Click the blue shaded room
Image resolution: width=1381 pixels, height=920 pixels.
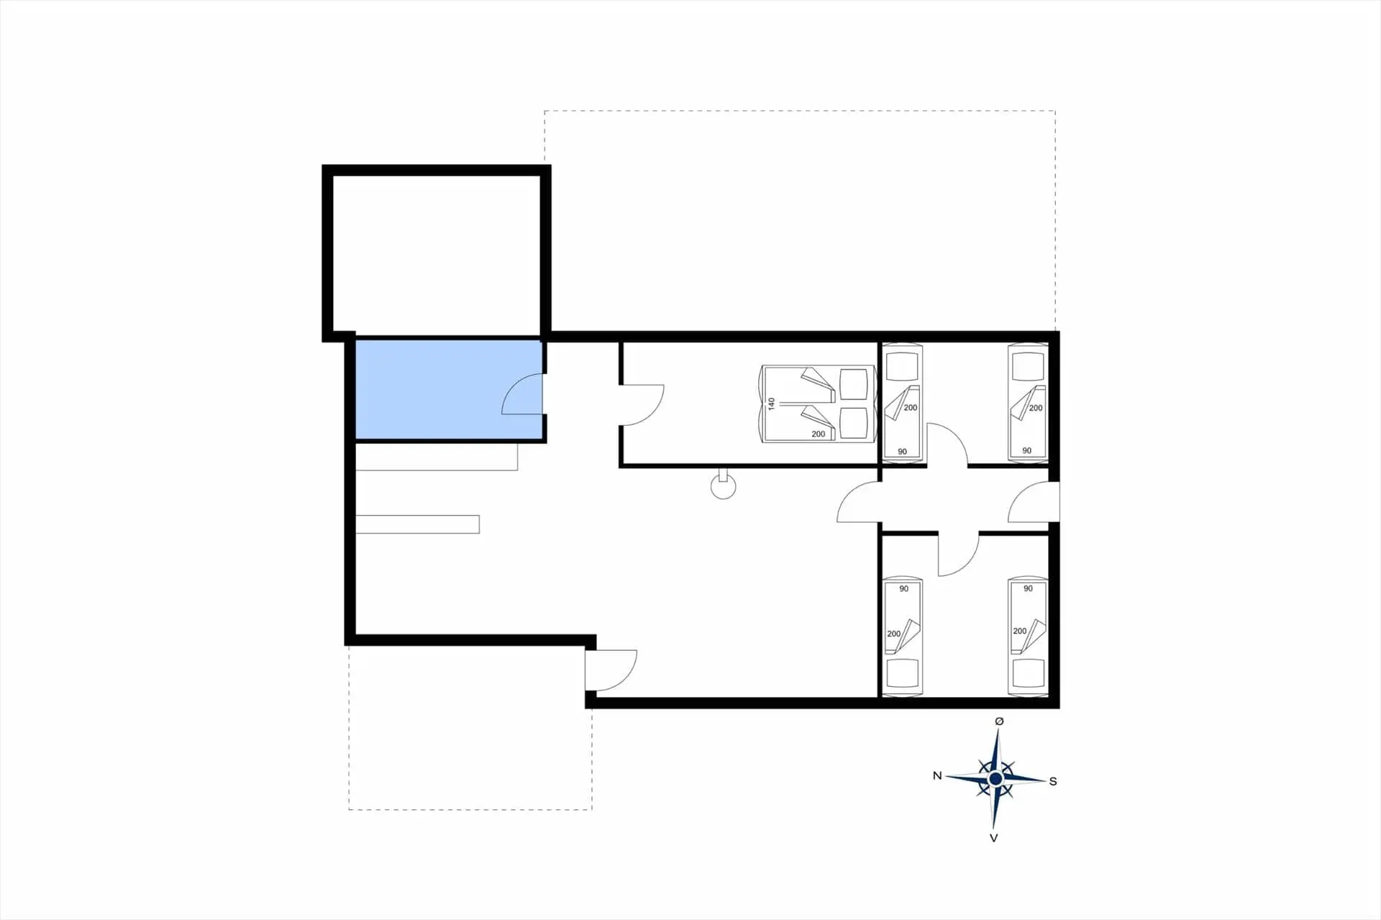(449, 389)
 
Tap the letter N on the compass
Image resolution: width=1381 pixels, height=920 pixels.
(937, 775)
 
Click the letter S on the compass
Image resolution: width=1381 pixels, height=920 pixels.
(1053, 781)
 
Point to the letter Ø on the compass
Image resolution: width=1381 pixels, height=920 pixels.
(999, 721)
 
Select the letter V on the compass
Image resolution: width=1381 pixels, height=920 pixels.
(994, 838)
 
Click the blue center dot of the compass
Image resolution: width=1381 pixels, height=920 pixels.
(995, 779)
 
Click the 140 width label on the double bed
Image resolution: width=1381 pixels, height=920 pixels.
(772, 404)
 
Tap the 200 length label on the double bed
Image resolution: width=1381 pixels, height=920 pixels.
(819, 434)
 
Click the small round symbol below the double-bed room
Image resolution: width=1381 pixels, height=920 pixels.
(724, 486)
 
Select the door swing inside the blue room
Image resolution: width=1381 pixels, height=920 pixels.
(521, 394)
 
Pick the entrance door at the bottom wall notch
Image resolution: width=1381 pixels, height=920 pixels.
(611, 671)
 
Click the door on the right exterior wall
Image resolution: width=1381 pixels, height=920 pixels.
(1033, 501)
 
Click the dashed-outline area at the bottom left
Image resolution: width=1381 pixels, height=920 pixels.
(470, 727)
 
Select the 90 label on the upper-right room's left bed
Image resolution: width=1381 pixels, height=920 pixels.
(902, 452)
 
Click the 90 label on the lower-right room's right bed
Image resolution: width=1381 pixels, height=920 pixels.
(1028, 588)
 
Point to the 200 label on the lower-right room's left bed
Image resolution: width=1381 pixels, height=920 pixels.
(893, 634)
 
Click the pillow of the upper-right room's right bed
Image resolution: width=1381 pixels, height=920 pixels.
(1028, 367)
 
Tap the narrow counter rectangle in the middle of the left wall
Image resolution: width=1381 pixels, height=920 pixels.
(418, 524)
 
